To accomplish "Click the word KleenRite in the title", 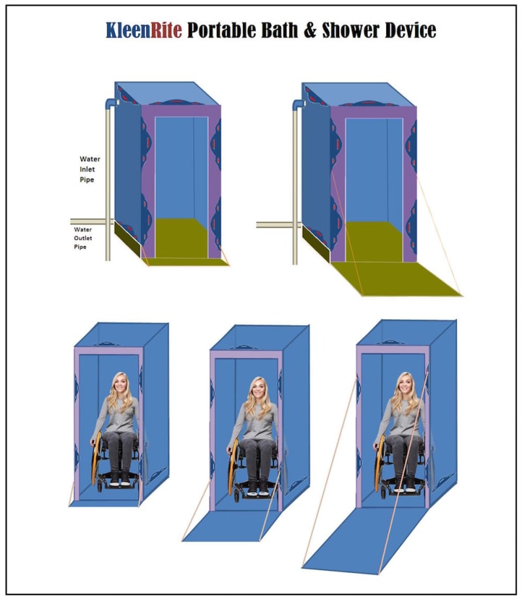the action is tap(144, 30).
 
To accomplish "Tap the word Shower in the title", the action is tap(350, 30).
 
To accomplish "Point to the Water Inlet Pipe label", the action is tap(90, 169).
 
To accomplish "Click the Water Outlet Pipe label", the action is tap(83, 238).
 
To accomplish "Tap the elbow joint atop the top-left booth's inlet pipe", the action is tap(112, 102).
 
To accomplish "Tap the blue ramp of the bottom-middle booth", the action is tap(233, 526).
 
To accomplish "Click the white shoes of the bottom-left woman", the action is tap(119, 482).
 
